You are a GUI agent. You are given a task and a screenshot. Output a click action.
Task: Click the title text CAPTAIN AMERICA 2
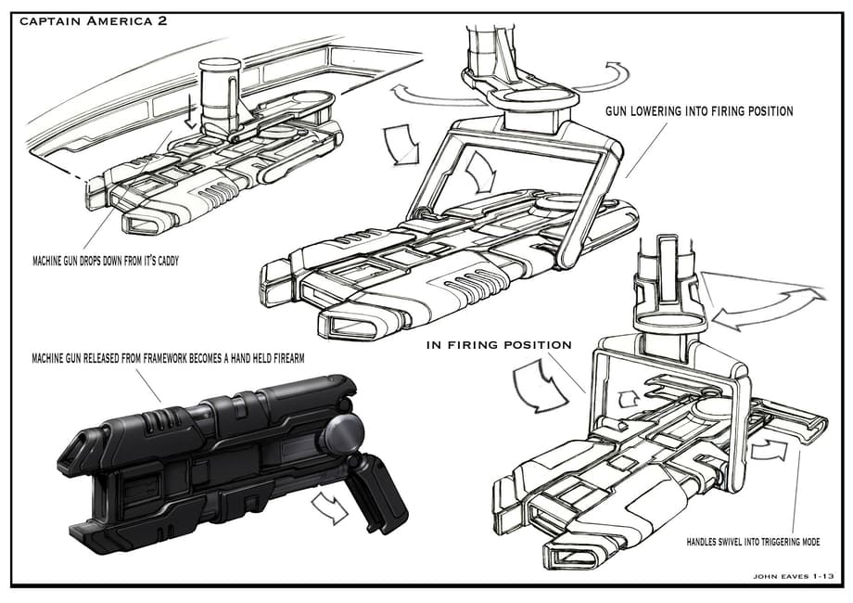(x=94, y=21)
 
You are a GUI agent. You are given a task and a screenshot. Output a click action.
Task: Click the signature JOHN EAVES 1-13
(x=793, y=576)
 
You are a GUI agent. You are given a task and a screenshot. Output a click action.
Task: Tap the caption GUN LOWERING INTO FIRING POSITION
(x=699, y=111)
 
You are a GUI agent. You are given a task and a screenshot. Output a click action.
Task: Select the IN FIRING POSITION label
(x=499, y=345)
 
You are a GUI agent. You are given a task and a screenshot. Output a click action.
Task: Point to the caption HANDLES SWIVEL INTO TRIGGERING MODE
(x=753, y=542)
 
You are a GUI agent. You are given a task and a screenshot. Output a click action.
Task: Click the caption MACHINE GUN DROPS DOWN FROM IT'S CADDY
(x=106, y=261)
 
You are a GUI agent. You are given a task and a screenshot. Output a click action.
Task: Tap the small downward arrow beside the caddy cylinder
(x=190, y=111)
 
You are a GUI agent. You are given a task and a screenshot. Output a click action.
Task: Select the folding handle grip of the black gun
(x=377, y=493)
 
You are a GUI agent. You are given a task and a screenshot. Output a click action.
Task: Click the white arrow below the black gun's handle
(x=330, y=507)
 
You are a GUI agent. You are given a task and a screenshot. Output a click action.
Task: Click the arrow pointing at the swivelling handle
(x=769, y=450)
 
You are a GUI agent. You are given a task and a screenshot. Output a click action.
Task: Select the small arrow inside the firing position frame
(x=630, y=398)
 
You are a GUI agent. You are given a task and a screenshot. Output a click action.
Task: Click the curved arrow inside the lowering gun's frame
(x=482, y=171)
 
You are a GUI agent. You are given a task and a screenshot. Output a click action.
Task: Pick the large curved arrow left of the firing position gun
(x=540, y=385)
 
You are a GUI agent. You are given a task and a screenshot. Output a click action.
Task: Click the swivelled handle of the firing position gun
(x=789, y=417)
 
